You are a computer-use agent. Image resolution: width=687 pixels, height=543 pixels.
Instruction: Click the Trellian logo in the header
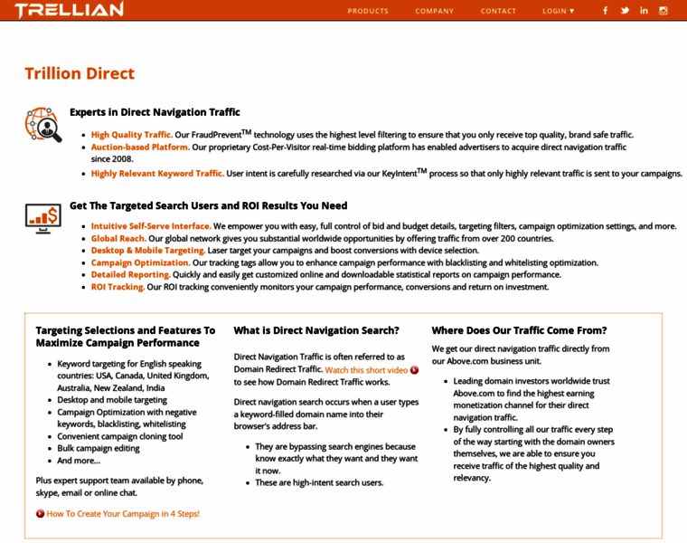pos(69,10)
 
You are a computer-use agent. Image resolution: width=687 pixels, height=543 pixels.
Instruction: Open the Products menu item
pos(368,11)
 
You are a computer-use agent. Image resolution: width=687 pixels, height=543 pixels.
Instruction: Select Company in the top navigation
pos(435,11)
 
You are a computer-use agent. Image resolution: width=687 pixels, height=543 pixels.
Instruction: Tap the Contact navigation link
pos(498,11)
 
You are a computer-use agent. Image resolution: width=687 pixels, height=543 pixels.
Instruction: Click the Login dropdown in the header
pos(559,11)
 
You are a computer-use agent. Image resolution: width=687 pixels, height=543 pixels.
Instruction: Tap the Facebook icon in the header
pos(606,11)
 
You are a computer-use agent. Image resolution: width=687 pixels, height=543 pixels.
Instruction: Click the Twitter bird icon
pos(625,11)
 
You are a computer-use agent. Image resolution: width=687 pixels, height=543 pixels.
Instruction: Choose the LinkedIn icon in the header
pos(644,11)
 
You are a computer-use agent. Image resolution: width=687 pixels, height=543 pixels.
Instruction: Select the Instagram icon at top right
pos(663,11)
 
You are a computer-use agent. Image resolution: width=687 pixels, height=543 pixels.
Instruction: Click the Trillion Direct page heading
pos(80,73)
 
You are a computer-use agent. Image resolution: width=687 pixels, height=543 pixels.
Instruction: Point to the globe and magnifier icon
pos(42,125)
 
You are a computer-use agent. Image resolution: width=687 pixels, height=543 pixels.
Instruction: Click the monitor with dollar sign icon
pos(42,218)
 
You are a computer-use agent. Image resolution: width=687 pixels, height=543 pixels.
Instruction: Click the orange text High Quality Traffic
pos(131,135)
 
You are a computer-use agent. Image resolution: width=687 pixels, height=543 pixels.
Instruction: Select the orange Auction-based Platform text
pos(140,147)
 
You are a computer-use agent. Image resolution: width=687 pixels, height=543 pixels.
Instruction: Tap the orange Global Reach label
pos(118,238)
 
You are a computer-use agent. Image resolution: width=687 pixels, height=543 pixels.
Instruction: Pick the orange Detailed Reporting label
pos(130,274)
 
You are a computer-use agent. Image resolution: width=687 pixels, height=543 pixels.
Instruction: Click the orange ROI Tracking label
pos(118,287)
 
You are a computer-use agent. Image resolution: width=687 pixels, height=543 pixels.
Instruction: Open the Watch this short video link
pos(367,369)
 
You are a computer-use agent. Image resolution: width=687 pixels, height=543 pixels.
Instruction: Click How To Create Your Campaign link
pos(123,513)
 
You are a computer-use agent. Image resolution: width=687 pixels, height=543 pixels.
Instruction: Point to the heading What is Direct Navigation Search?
pos(316,330)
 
